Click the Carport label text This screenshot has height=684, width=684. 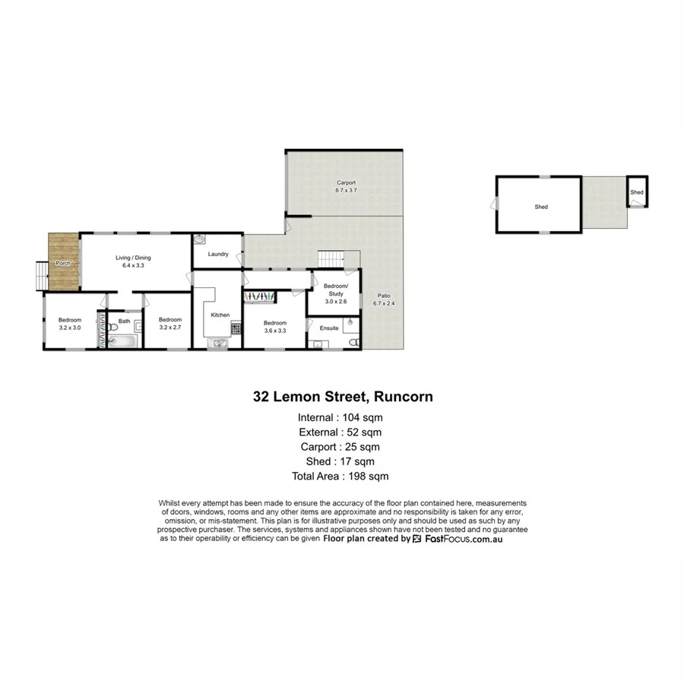347,183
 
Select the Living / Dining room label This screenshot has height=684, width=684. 133,258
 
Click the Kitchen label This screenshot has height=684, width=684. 220,315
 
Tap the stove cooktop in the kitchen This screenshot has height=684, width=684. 236,329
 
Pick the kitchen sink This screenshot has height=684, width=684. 220,343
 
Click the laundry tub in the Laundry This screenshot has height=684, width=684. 200,239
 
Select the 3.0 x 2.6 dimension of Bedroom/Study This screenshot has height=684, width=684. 334,301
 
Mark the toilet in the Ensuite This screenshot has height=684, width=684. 352,342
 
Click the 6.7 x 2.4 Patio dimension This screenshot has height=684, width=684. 385,303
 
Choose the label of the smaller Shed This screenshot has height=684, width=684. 637,192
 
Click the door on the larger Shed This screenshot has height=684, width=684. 496,203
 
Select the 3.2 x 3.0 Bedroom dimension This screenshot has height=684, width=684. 70,328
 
